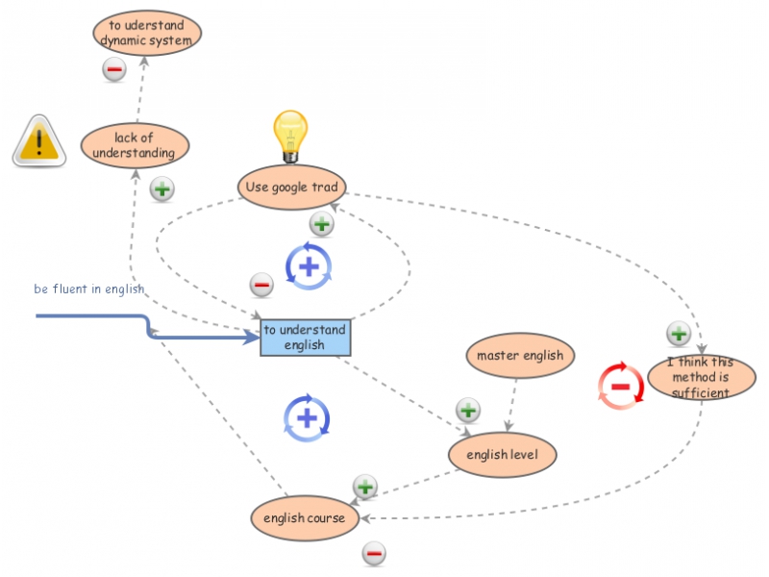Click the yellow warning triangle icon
pyautogui.click(x=39, y=140)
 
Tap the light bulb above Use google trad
pyautogui.click(x=289, y=136)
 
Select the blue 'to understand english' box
pyautogui.click(x=306, y=338)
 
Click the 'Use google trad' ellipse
pyautogui.click(x=291, y=187)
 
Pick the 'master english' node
pyautogui.click(x=520, y=356)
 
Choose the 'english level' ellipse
pyautogui.click(x=503, y=454)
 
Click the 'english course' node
pyautogui.click(x=305, y=518)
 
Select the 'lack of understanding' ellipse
pyautogui.click(x=135, y=145)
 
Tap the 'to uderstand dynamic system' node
pyautogui.click(x=147, y=33)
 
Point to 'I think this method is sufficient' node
pyautogui.click(x=701, y=377)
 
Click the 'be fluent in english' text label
pyautogui.click(x=89, y=288)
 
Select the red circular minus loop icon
pyautogui.click(x=620, y=387)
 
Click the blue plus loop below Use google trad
pyautogui.click(x=309, y=264)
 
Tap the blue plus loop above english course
pyautogui.click(x=307, y=417)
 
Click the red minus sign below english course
pyautogui.click(x=374, y=553)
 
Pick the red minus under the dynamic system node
pyautogui.click(x=113, y=69)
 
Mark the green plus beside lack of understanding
pyautogui.click(x=162, y=188)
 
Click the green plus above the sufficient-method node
pyautogui.click(x=679, y=334)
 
